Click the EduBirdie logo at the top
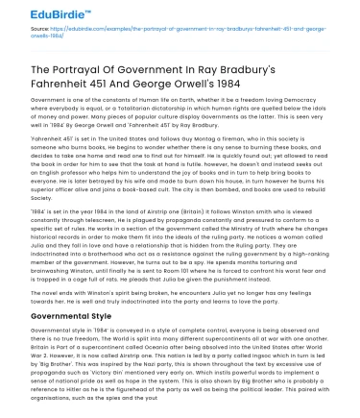click(x=38, y=12)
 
